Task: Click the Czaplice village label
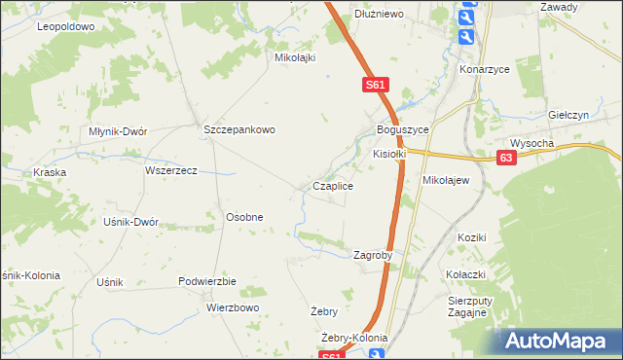[x=332, y=185]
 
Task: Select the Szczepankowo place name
[x=239, y=129]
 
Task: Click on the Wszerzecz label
[x=170, y=170]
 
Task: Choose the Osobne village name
[x=244, y=217]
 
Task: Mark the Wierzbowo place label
[x=233, y=307]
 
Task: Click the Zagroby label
[x=372, y=255]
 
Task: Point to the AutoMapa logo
[x=559, y=341]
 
